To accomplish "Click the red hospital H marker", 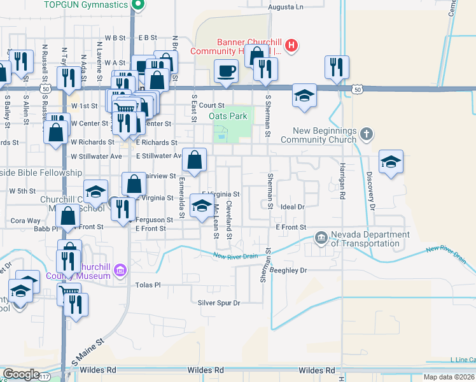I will (x=291, y=45).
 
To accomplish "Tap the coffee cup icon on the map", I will (x=226, y=71).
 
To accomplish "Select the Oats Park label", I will (x=228, y=117).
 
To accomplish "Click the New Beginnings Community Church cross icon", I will (x=365, y=134).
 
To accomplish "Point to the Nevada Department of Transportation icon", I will (x=321, y=239).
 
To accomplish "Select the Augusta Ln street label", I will (x=284, y=7).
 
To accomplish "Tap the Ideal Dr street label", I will (x=293, y=207).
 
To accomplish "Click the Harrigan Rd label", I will (x=342, y=185).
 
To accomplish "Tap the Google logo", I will (x=21, y=374).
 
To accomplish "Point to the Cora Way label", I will (x=25, y=221).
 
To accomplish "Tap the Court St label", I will (x=212, y=105).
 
